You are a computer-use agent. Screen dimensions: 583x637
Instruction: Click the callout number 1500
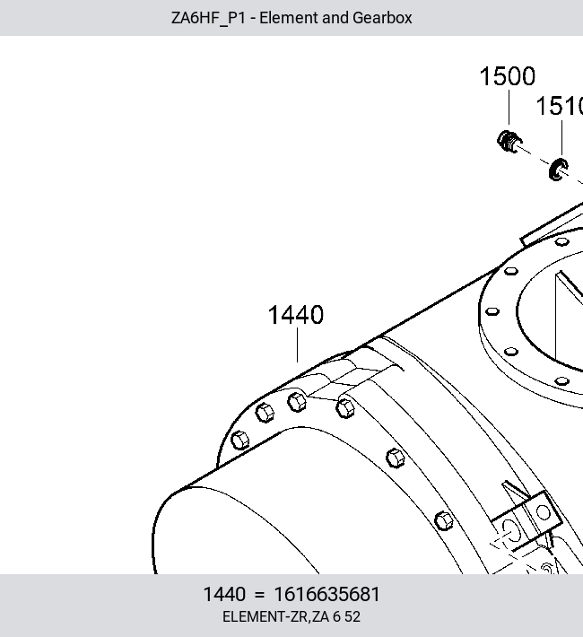coord(508,76)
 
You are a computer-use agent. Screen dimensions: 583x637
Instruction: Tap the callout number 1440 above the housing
coord(296,315)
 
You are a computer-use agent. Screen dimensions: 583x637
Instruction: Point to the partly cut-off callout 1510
coord(560,106)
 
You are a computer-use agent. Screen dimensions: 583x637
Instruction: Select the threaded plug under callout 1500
coord(509,142)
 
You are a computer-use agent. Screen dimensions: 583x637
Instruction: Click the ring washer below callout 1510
coord(558,170)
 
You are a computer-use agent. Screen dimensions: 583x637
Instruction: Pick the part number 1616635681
coord(327,594)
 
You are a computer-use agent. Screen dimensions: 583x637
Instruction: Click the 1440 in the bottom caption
coord(224,594)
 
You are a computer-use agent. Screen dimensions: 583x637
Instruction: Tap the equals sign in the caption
coord(259,595)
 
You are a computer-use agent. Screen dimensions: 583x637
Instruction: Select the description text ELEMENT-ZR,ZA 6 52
coord(291,616)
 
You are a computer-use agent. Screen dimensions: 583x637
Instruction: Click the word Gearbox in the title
coord(382,18)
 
